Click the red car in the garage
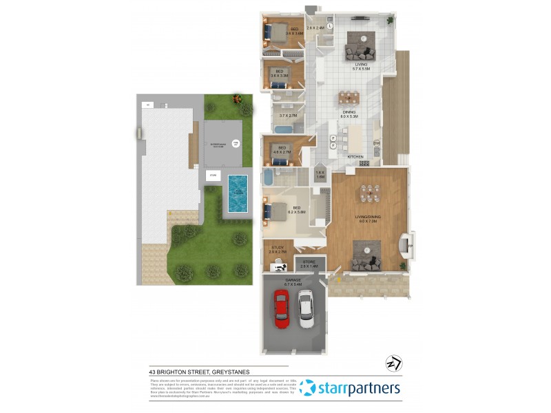pyautogui.click(x=282, y=308)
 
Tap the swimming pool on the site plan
pyautogui.click(x=237, y=193)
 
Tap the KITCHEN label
pyautogui.click(x=355, y=157)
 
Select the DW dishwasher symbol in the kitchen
pyautogui.click(x=377, y=143)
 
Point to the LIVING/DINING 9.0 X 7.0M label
pyautogui.click(x=369, y=219)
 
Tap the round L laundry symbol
pyautogui.click(x=330, y=25)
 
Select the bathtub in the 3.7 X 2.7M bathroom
pyautogui.click(x=283, y=129)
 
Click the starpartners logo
pyautogui.click(x=351, y=388)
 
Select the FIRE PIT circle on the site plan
pyautogui.click(x=235, y=143)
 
